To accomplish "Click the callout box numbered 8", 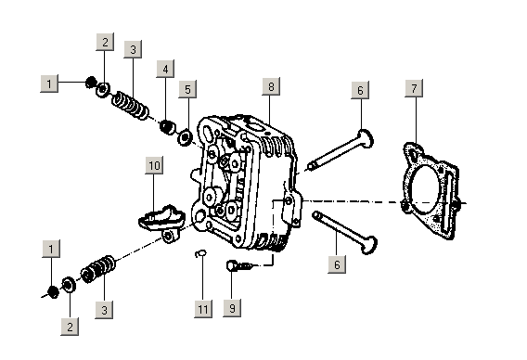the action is click(271, 86).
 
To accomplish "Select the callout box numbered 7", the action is click(414, 88).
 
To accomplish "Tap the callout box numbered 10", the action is click(154, 165).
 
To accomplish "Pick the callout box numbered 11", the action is click(203, 309).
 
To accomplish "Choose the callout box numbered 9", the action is click(232, 308).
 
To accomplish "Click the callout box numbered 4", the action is click(165, 69).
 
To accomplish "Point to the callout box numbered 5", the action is click(187, 89).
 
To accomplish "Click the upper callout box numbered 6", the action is click(360, 90).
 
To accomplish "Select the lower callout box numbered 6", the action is click(337, 264).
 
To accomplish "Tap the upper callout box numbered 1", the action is click(49, 84).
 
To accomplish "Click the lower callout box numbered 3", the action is click(104, 310).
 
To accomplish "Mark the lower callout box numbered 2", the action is click(70, 327).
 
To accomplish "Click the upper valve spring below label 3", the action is click(130, 105).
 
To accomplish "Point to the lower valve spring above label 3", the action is click(97, 269).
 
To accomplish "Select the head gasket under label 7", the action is click(431, 191).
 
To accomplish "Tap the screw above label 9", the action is click(240, 266).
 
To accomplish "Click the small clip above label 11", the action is click(201, 254).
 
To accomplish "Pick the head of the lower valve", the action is click(368, 245).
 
